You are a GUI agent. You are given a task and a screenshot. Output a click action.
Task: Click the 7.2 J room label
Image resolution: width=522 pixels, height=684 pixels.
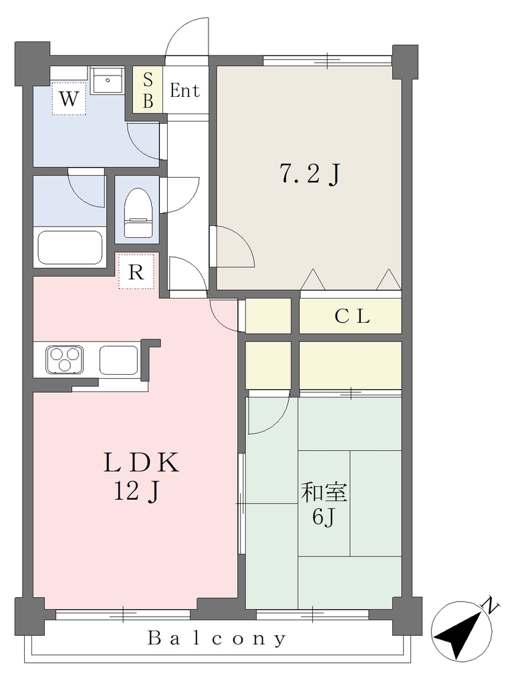[x=309, y=174]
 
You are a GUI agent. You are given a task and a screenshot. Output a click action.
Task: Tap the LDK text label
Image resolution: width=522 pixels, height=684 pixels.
[x=141, y=462]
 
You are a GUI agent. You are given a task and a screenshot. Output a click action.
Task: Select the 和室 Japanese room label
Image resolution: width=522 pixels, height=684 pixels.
[x=324, y=492]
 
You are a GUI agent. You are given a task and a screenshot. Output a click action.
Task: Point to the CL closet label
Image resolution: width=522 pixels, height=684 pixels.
[x=352, y=316]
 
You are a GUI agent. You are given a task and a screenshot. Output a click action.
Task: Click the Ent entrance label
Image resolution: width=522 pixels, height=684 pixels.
[x=184, y=91]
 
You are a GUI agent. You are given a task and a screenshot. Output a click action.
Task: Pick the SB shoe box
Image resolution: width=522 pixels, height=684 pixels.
[x=148, y=90]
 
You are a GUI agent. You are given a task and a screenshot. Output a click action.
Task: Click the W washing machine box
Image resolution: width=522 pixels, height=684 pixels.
[x=69, y=99]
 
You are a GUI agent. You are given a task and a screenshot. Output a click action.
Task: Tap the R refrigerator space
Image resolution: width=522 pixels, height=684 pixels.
[x=136, y=271]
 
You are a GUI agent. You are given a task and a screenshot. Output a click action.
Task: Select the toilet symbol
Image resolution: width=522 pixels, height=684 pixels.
[x=138, y=212]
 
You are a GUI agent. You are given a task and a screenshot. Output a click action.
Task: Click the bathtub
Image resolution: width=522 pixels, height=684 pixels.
[x=70, y=247]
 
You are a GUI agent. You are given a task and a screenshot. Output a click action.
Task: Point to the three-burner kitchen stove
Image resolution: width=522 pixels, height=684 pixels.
[x=65, y=359]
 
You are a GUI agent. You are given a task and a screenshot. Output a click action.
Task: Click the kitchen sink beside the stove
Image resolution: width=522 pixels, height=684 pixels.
[x=119, y=359]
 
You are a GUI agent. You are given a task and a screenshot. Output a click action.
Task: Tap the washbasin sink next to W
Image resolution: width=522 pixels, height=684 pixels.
[x=106, y=80]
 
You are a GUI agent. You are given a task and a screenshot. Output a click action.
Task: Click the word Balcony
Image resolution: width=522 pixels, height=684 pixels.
[x=217, y=639]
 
